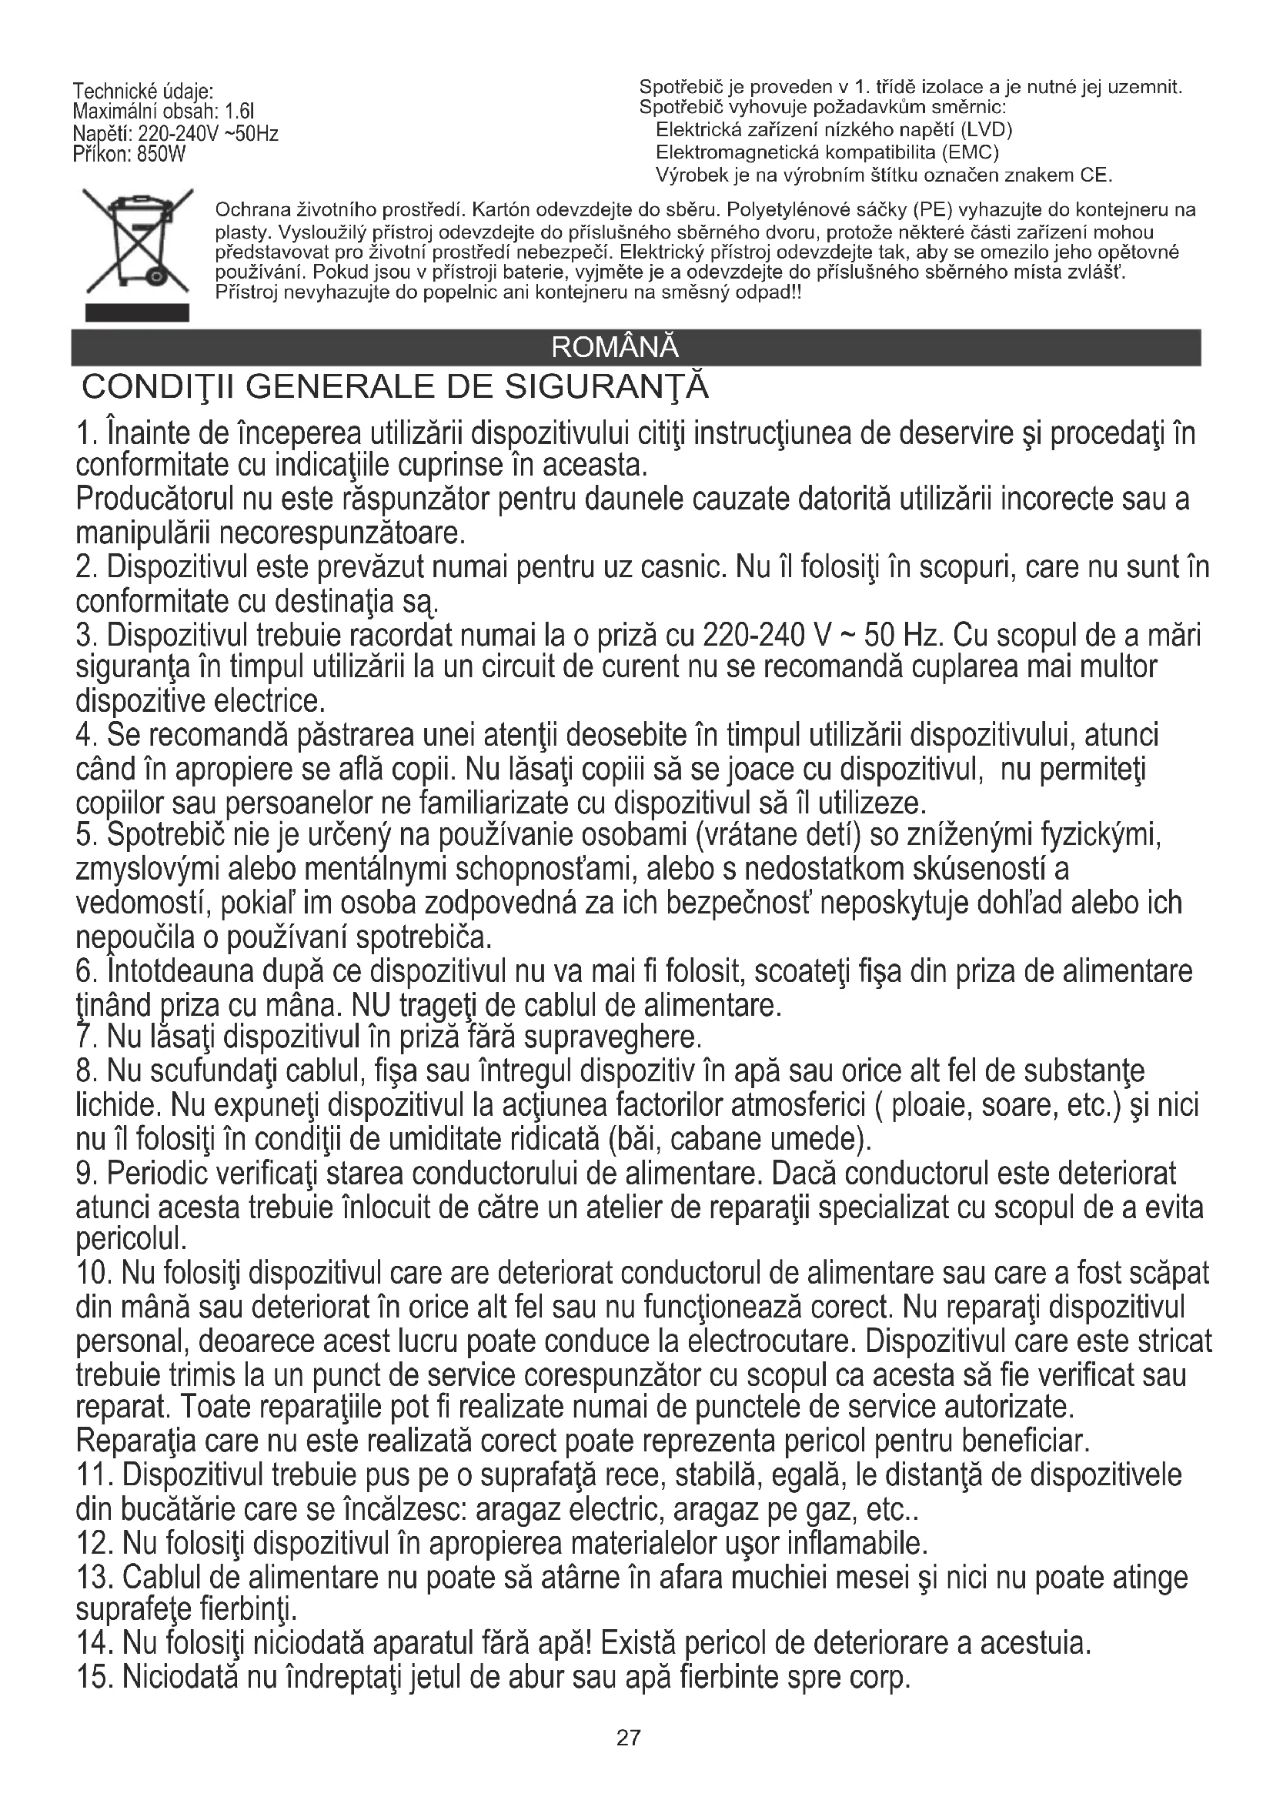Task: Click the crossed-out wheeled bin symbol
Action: tap(138, 242)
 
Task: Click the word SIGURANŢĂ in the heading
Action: tap(606, 387)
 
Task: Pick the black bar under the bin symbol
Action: tap(138, 312)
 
